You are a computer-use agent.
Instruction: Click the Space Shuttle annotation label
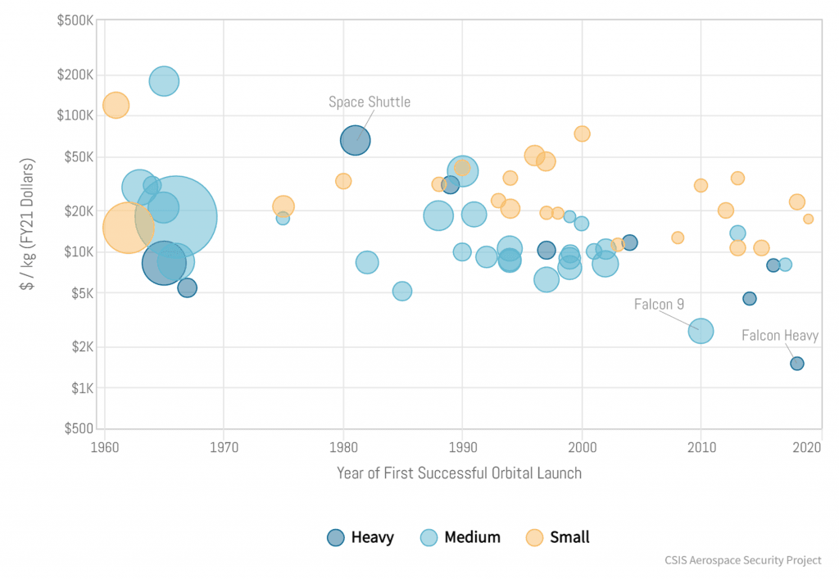370,102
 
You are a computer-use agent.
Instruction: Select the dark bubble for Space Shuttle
355,140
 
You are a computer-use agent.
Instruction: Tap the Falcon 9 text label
659,305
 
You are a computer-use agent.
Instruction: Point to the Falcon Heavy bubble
796,364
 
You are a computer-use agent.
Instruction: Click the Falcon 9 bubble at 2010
701,331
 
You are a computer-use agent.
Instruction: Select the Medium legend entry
460,537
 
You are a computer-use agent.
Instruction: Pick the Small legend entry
558,537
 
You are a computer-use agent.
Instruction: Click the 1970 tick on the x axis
224,447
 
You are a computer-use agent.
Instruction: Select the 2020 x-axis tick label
808,447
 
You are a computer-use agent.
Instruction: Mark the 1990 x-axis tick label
462,447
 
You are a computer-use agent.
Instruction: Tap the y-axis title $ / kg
29,225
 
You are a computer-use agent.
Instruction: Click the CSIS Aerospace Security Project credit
743,561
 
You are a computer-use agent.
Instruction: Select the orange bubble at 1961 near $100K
116,106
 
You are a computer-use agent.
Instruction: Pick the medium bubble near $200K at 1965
164,80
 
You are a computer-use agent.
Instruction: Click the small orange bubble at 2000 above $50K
582,133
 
